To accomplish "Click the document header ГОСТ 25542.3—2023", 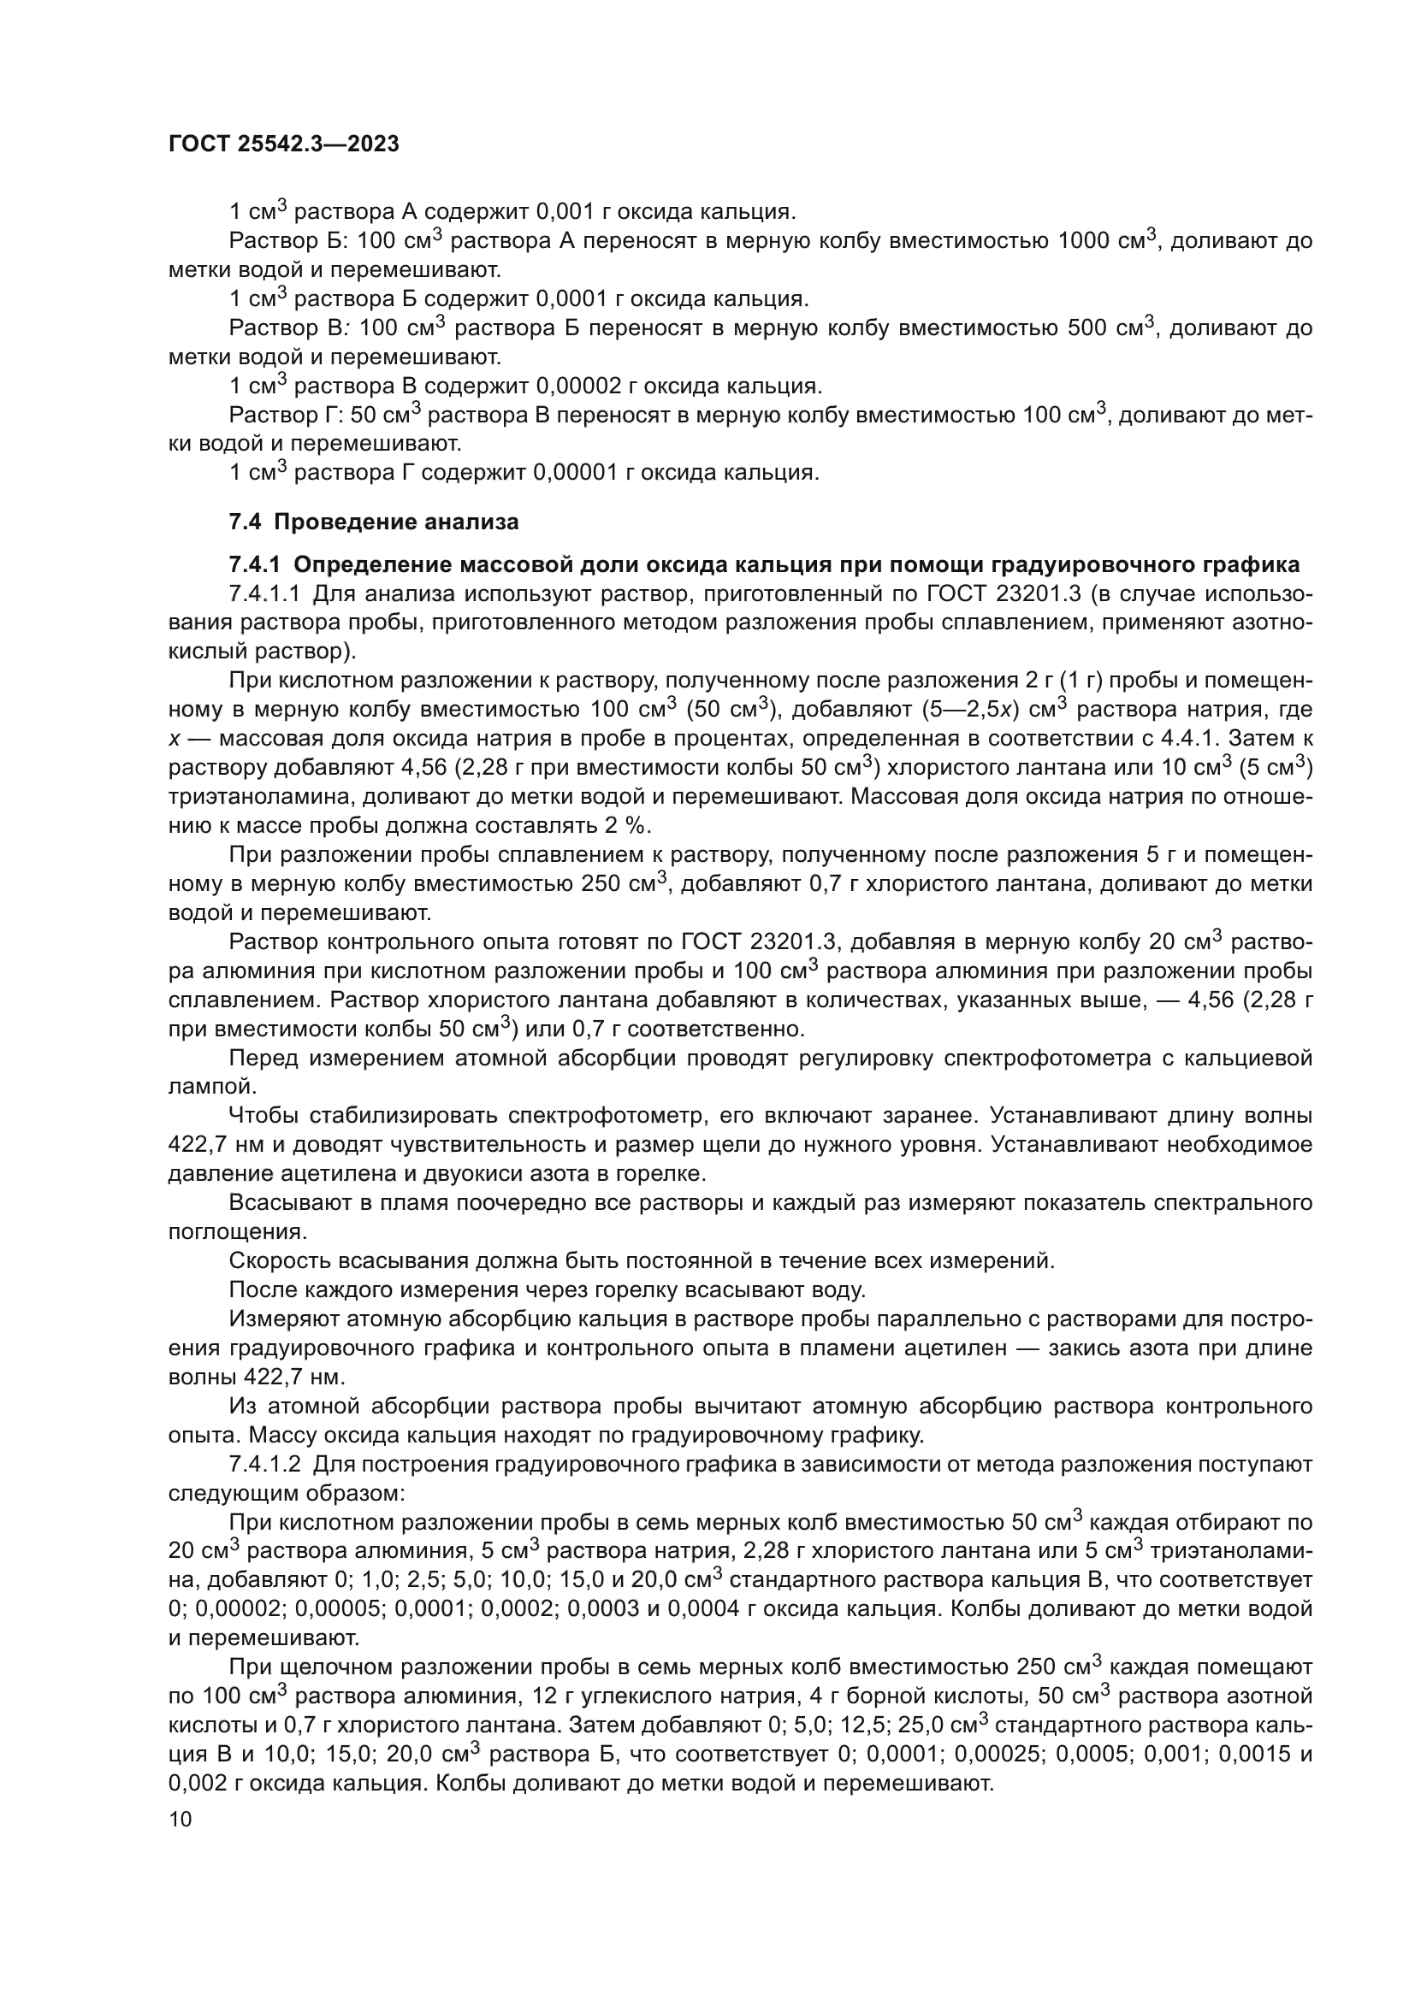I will pos(283,144).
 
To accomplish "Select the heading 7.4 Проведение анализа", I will pos(374,522).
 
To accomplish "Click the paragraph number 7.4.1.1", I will pos(265,594).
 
